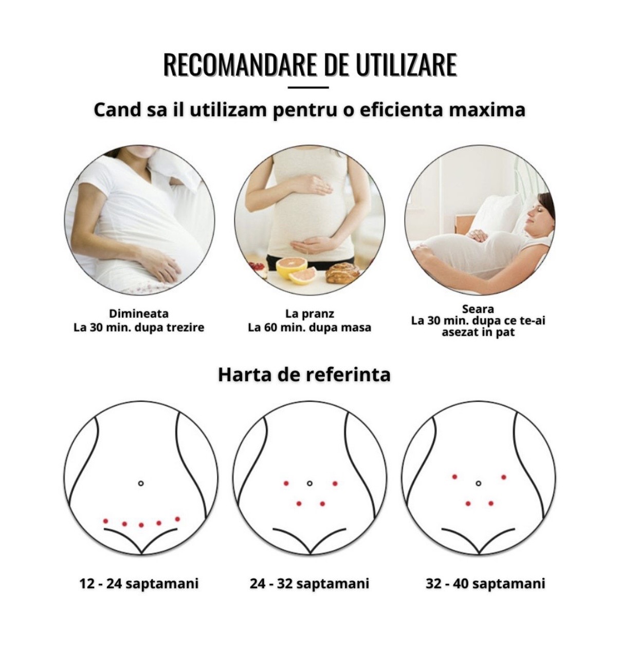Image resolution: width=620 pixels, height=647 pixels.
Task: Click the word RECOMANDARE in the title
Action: [x=240, y=65]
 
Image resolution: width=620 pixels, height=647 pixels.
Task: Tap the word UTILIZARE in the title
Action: [x=406, y=65]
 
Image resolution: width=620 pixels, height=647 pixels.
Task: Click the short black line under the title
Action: [x=308, y=87]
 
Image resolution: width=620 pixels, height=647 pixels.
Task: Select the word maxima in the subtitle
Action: [x=487, y=109]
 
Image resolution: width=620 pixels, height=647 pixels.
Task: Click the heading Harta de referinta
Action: [x=304, y=374]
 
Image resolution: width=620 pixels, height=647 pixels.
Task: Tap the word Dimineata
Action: [x=139, y=313]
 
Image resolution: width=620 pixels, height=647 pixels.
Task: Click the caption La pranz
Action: [x=309, y=314]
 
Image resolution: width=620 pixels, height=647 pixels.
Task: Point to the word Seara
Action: [x=478, y=309]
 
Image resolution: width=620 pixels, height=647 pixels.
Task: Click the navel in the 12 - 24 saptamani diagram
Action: [x=141, y=483]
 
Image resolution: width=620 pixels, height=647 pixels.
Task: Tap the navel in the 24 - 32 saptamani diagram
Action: [x=309, y=483]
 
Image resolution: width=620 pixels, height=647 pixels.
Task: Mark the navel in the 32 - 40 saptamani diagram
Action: [x=478, y=483]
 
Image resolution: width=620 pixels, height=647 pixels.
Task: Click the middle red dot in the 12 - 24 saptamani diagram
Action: [x=141, y=525]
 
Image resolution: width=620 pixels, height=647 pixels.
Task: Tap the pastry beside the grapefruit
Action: [x=342, y=272]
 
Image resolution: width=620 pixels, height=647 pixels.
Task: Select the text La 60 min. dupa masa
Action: [x=309, y=327]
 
